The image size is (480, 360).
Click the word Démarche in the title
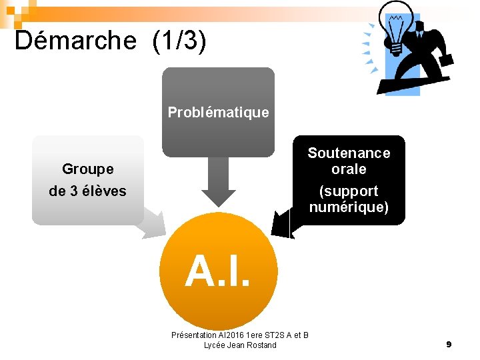pyautogui.click(x=75, y=41)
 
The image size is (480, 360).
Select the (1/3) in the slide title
pyautogui.click(x=179, y=41)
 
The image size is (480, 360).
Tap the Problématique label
pyautogui.click(x=218, y=112)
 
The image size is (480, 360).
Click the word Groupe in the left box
pyautogui.click(x=87, y=169)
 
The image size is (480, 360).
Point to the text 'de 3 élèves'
pyautogui.click(x=87, y=191)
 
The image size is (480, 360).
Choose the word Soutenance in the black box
pyautogui.click(x=349, y=153)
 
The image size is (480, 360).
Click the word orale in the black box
pyautogui.click(x=349, y=169)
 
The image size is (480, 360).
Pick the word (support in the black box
pyautogui.click(x=349, y=191)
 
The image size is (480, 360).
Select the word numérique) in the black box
pyautogui.click(x=349, y=207)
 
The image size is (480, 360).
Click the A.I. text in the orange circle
pyautogui.click(x=218, y=272)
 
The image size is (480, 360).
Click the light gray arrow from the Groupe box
pyautogui.click(x=154, y=223)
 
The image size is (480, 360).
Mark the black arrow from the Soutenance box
pyautogui.click(x=284, y=222)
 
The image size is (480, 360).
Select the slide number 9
pyautogui.click(x=449, y=344)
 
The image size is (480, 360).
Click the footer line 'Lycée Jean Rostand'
pyautogui.click(x=240, y=345)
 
